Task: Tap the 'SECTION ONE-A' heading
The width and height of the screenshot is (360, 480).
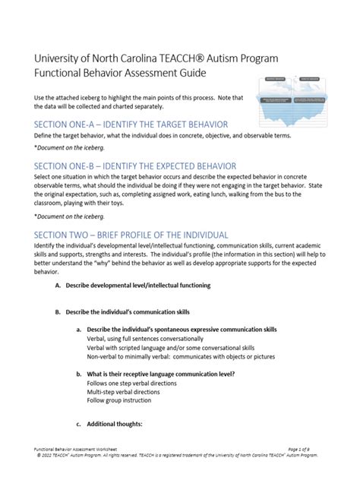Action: [131, 124]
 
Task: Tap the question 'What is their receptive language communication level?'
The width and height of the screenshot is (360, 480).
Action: [160, 374]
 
